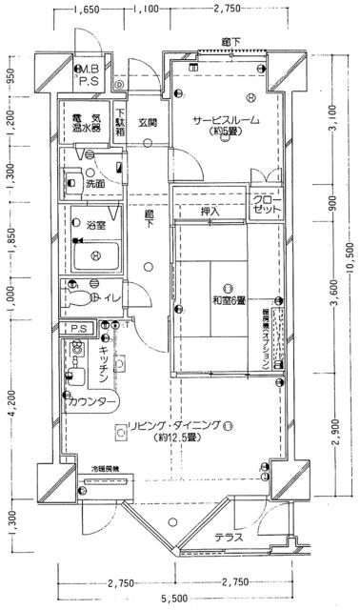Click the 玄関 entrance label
147,122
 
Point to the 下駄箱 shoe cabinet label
120,118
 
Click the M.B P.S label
89,75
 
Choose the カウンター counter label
91,403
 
